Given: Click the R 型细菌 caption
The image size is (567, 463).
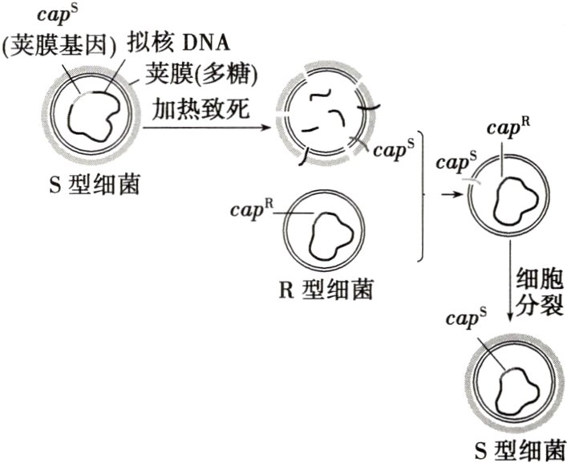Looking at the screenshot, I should (x=326, y=289).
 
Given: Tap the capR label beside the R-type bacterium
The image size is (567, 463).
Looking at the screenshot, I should (x=252, y=209).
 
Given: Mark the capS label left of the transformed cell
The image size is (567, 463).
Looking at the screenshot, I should (x=455, y=163).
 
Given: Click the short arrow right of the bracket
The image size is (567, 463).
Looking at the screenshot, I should (x=446, y=193).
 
